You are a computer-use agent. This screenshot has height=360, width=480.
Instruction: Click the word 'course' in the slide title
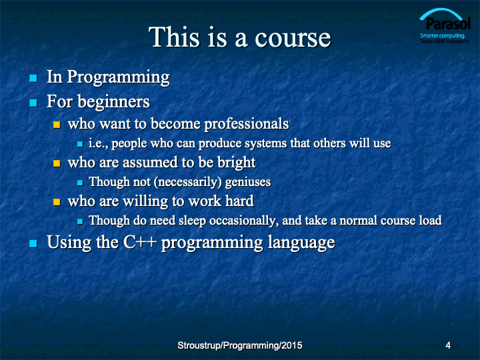[293, 38]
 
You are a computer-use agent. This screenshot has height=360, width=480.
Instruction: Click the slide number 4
[448, 345]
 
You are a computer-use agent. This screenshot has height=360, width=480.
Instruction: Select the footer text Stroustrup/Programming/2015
[240, 345]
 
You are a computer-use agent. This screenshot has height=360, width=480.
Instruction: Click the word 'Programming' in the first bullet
[118, 77]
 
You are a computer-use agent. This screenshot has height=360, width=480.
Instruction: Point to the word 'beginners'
[113, 101]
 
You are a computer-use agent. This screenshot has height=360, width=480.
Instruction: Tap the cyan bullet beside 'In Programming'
[33, 79]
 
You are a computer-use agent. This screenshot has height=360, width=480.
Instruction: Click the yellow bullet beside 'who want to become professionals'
[57, 125]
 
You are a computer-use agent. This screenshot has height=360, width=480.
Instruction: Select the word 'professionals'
[247, 124]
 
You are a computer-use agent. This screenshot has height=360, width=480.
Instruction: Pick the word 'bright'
[236, 163]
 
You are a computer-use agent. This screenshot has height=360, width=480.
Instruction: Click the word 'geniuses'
[248, 183]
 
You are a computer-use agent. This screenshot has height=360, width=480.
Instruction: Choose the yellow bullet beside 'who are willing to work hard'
[57, 202]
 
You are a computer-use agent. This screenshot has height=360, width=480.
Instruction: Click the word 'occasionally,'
[244, 221]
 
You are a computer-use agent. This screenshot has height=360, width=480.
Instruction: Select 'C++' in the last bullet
[140, 242]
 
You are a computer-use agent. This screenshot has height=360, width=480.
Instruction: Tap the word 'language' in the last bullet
[301, 243]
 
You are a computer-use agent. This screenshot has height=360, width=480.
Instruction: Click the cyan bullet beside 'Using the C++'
[33, 244]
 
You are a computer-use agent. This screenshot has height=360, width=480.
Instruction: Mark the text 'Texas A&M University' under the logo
[445, 41]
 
